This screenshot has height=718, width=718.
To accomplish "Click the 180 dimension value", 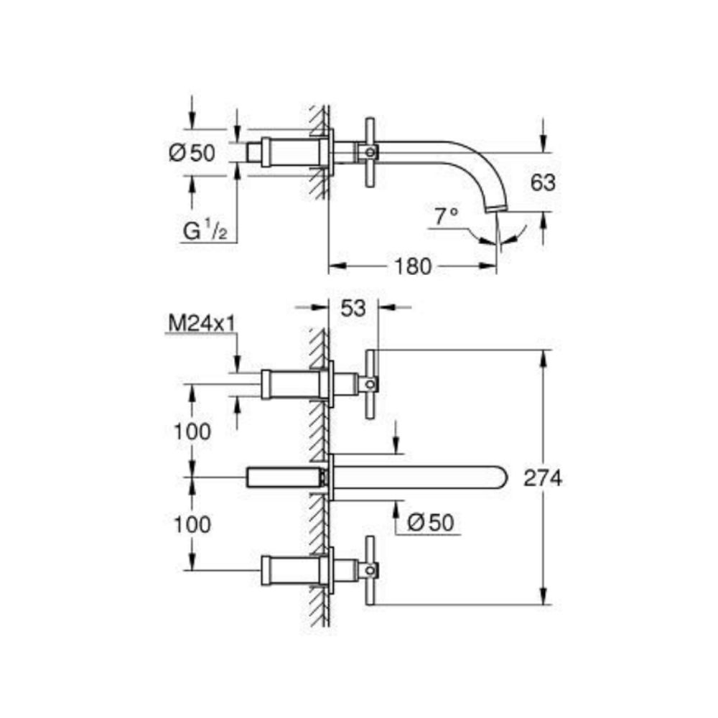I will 412,267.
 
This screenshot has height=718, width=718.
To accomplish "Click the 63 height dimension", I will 544,182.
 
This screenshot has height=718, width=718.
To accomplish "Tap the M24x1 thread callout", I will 202,324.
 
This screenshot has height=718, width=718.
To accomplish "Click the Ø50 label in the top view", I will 192,152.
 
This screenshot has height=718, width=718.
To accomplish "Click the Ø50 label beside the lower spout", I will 430,523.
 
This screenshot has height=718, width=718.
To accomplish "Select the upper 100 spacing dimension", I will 192,432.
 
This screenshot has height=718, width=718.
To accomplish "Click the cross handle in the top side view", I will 370,151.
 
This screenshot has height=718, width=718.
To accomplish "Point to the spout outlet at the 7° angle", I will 496,209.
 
